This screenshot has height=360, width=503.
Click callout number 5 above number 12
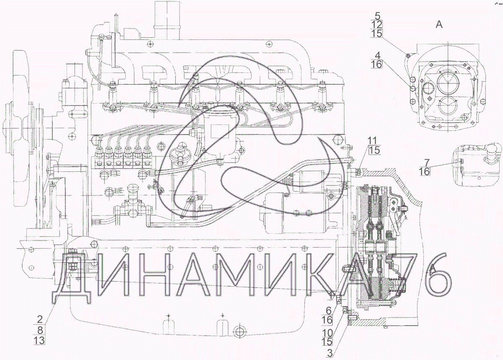(378, 16)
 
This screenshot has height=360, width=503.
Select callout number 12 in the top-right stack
(376, 25)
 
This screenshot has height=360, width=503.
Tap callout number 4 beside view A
(378, 55)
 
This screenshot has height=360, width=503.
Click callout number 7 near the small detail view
(427, 163)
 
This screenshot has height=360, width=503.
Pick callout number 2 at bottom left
(40, 319)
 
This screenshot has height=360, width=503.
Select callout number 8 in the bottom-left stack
(40, 330)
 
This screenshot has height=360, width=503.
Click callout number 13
(39, 340)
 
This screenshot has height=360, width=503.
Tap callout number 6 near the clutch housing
(329, 311)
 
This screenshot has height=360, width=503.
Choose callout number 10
(327, 332)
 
